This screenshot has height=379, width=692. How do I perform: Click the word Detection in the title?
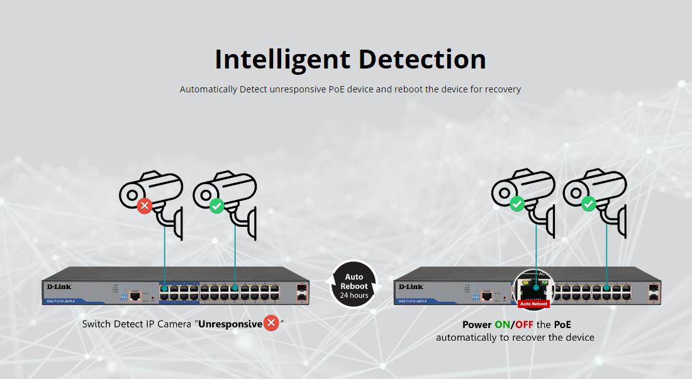click(422, 59)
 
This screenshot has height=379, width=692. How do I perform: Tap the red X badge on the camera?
click(145, 206)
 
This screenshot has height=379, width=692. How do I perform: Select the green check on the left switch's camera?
click(216, 206)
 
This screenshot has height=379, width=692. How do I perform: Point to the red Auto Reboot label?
click(533, 304)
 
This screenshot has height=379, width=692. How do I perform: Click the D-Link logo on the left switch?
click(59, 287)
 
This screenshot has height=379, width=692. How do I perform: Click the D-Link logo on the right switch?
click(411, 287)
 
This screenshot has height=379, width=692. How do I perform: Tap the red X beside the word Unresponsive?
click(271, 324)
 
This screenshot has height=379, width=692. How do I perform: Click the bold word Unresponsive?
click(230, 324)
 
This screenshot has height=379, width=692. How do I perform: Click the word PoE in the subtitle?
click(336, 89)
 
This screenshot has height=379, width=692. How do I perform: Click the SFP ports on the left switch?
click(301, 293)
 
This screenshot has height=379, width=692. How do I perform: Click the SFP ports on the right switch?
click(654, 293)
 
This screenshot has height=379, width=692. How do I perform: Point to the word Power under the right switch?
click(477, 325)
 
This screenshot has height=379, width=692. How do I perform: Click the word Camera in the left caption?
click(174, 324)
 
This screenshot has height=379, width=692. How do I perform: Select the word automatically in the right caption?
click(466, 338)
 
